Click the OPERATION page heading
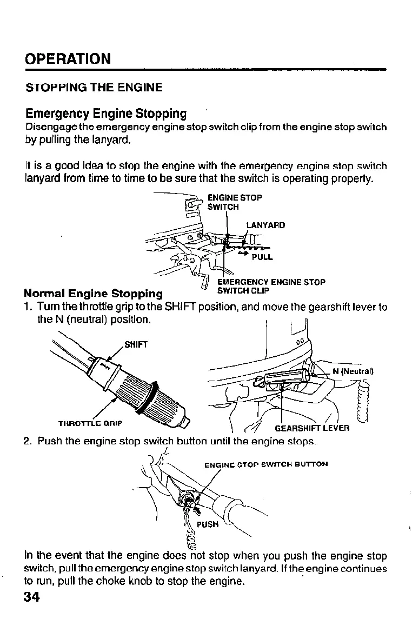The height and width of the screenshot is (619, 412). tap(68, 58)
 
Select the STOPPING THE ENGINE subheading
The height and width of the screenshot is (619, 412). tap(94, 87)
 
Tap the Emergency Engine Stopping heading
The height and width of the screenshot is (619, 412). tap(106, 114)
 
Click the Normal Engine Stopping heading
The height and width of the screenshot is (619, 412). tap(93, 294)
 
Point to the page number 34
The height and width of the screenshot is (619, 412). tap(32, 598)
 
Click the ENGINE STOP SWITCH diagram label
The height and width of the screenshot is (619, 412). tap(235, 202)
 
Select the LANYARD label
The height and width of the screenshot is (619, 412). tap(265, 225)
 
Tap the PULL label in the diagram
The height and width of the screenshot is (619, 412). tap(262, 257)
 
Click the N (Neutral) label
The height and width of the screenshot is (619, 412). tap(353, 371)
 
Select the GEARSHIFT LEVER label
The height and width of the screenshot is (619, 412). tap(312, 428)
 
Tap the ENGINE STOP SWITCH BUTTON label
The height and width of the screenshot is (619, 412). tap(266, 464)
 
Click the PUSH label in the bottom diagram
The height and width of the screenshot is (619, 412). tap(207, 524)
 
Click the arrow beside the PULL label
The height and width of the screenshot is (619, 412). tap(241, 254)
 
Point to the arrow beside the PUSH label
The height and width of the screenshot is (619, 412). tap(196, 510)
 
